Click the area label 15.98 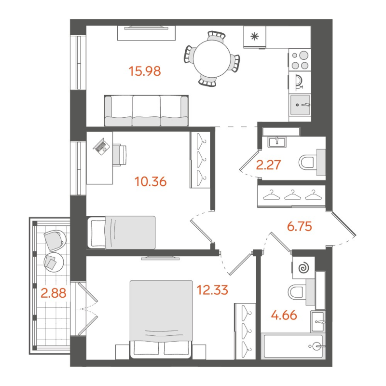click(145, 71)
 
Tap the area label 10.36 click(151, 182)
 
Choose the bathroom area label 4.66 click(283, 317)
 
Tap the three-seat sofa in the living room click(147, 111)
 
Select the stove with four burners click(300, 61)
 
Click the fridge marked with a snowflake click(255, 36)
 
